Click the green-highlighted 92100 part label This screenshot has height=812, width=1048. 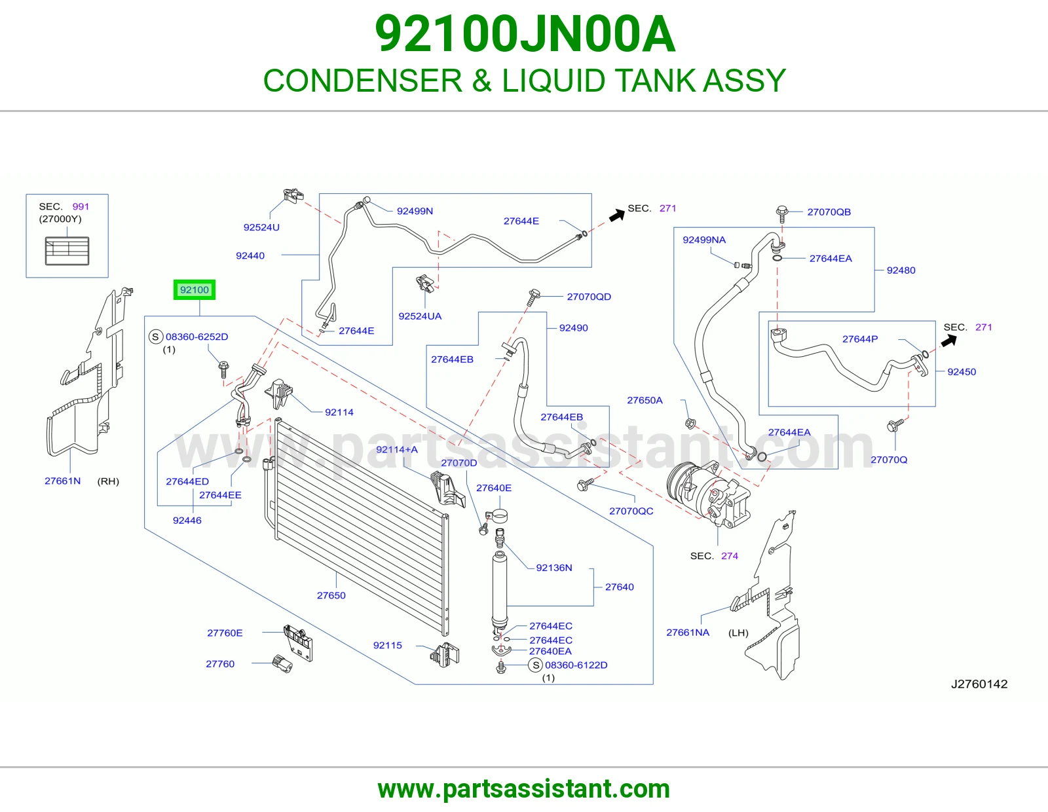pyautogui.click(x=195, y=290)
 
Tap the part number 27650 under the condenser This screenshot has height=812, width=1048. pyautogui.click(x=331, y=595)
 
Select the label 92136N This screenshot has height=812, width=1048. pyautogui.click(x=554, y=568)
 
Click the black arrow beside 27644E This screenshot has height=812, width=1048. pyautogui.click(x=617, y=215)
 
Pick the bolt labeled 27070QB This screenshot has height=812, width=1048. pyautogui.click(x=782, y=214)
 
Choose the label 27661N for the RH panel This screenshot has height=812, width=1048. pyautogui.click(x=63, y=481)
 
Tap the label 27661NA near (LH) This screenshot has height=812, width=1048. pyautogui.click(x=688, y=632)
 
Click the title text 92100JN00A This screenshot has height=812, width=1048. pyautogui.click(x=525, y=34)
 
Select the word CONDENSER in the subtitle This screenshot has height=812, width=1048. pyautogui.click(x=363, y=81)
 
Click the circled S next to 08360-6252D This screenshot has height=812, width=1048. pyautogui.click(x=155, y=337)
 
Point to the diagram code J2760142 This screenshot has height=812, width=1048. pyautogui.click(x=979, y=684)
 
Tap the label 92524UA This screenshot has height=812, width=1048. pyautogui.click(x=420, y=316)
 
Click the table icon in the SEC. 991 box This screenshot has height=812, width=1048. pyautogui.click(x=67, y=251)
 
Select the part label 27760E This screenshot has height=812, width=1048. pyautogui.click(x=225, y=633)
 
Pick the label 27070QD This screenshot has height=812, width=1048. pyautogui.click(x=589, y=297)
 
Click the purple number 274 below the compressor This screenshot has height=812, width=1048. pyautogui.click(x=730, y=556)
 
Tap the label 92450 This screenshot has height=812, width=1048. pyautogui.click(x=962, y=372)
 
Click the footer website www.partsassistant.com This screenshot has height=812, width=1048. pyautogui.click(x=524, y=789)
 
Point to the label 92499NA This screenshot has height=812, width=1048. pyautogui.click(x=704, y=240)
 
